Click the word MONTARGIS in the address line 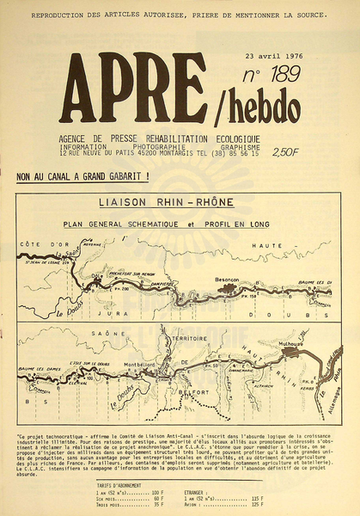point(174,152)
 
